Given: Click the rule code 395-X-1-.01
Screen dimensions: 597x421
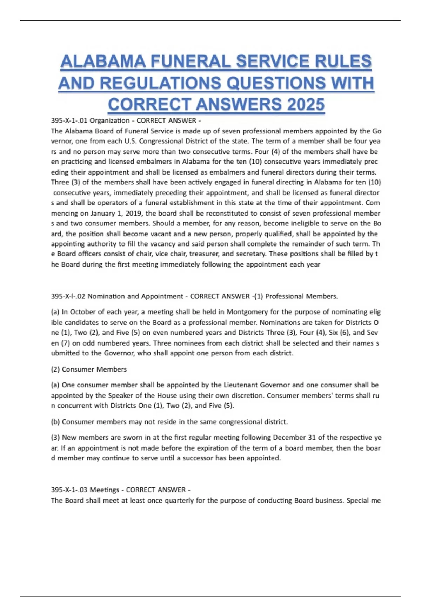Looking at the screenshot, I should (x=69, y=120).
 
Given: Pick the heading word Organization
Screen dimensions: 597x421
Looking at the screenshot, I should (x=109, y=120).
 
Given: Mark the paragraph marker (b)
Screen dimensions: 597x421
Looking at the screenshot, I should (x=55, y=422).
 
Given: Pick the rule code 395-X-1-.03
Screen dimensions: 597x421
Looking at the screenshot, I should (x=69, y=490).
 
